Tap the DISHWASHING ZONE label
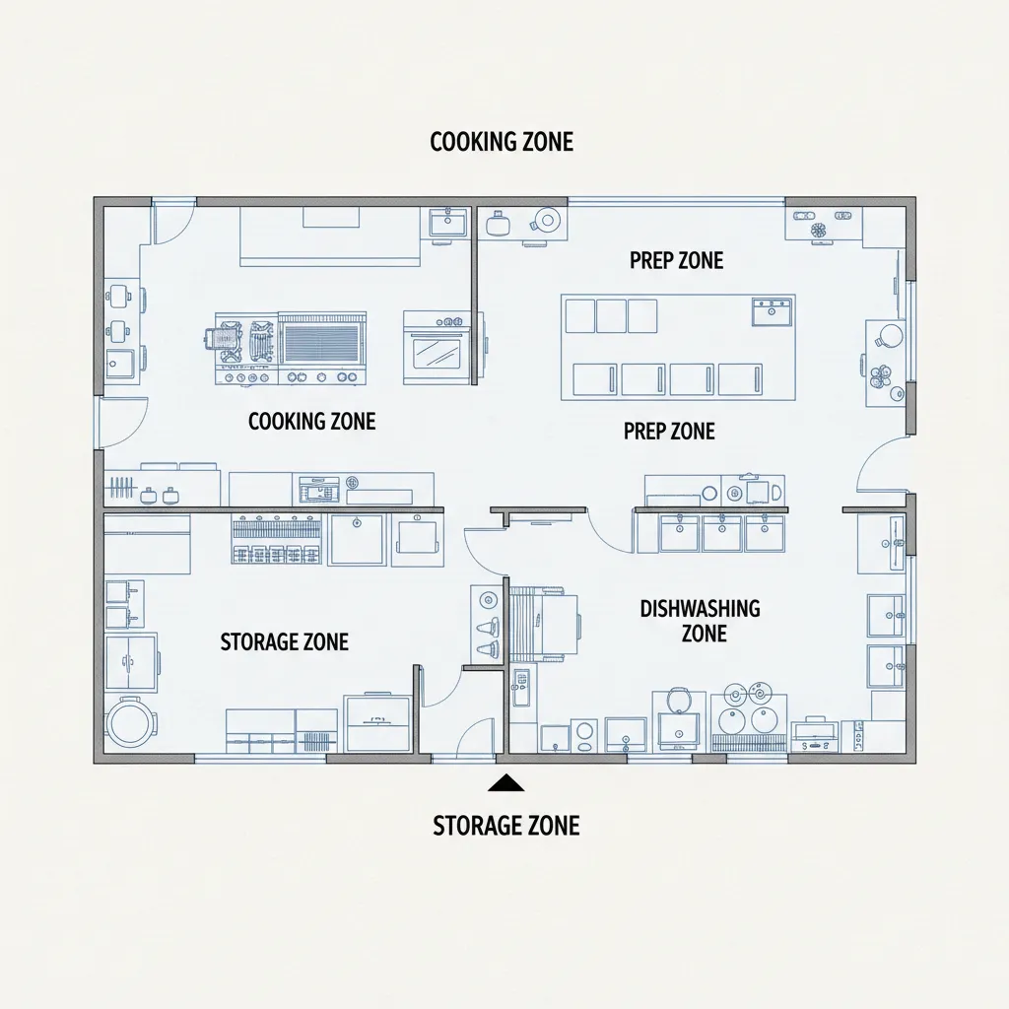coord(700,620)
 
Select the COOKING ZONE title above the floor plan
coord(502,142)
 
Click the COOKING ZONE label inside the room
coord(311,422)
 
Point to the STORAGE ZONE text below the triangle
coord(505,826)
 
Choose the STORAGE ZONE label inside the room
coord(284,642)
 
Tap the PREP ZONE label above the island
coord(676,260)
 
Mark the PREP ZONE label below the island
coord(669,432)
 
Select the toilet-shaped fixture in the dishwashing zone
coord(677,701)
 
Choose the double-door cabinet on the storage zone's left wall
coord(130,657)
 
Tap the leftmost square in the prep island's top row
coord(580,315)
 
